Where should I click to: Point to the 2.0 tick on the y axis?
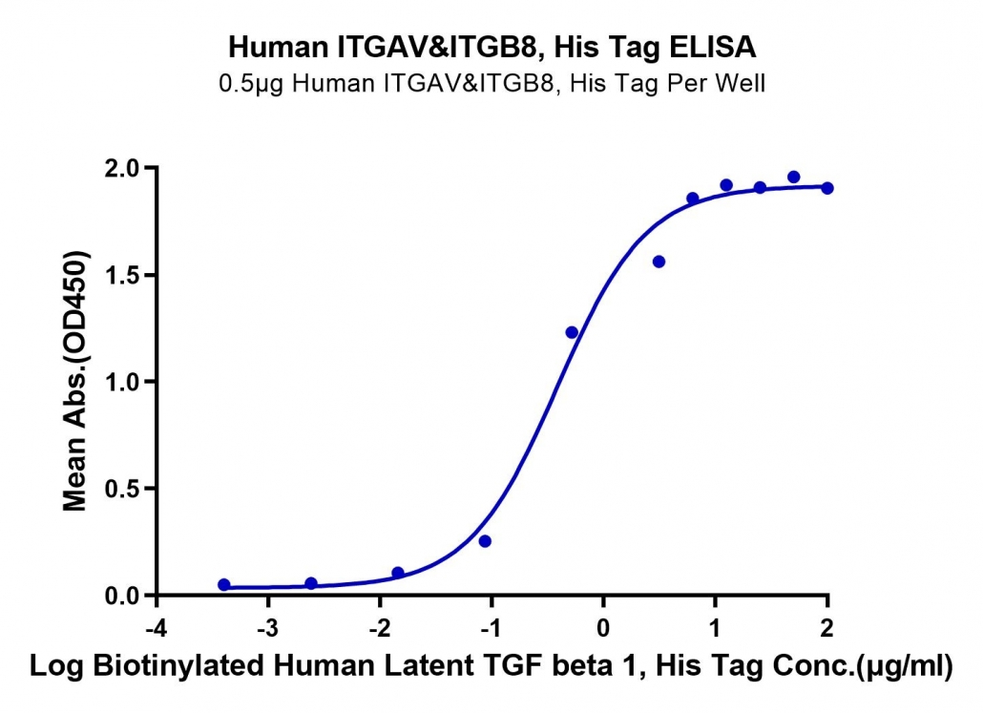[123, 169]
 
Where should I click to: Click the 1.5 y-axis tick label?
[123, 275]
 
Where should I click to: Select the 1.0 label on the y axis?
[123, 382]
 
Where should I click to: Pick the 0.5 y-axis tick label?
[123, 489]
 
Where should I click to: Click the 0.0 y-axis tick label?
[123, 595]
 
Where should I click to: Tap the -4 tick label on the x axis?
[157, 628]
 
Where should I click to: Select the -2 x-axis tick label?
[379, 628]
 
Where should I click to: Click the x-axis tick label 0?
[603, 628]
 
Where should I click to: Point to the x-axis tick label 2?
[826, 628]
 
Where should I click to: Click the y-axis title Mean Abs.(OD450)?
[75, 381]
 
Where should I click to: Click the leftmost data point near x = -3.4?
[224, 584]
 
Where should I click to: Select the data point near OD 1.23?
[572, 332]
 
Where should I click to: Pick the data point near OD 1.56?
[659, 262]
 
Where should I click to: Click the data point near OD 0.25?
[485, 541]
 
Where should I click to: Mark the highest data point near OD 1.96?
[794, 177]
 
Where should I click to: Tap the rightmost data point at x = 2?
[827, 188]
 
